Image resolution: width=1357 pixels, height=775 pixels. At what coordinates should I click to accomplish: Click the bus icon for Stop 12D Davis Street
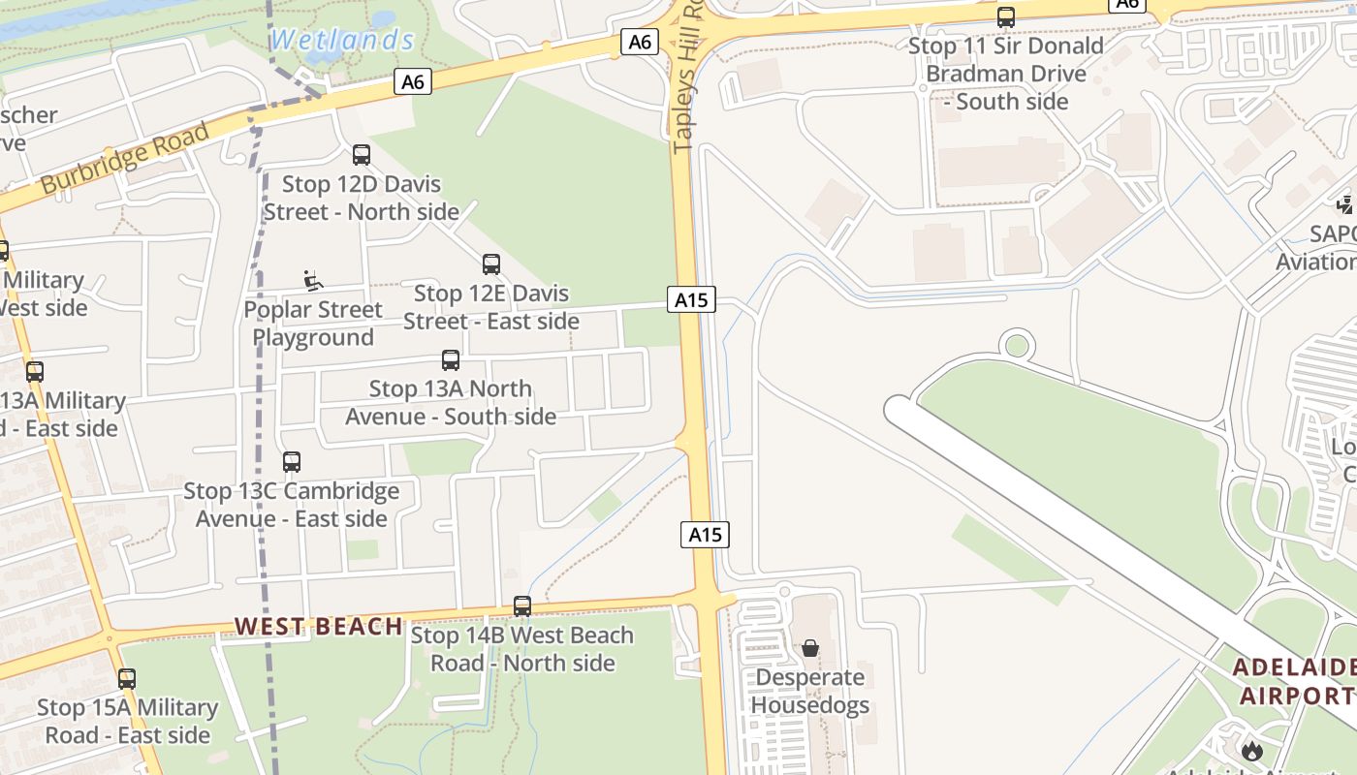(x=362, y=154)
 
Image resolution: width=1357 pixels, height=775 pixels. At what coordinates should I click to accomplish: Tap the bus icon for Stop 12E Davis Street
(x=491, y=263)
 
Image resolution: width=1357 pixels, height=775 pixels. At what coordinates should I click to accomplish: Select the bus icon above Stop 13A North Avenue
(x=451, y=360)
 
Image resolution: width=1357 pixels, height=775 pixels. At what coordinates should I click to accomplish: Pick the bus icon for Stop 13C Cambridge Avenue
(x=292, y=462)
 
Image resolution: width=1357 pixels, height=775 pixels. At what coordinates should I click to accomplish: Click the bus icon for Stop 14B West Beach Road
(x=522, y=606)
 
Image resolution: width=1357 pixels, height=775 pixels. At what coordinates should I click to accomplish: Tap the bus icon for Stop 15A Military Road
(x=127, y=679)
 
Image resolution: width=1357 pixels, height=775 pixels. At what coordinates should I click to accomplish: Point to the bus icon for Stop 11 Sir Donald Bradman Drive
(x=1006, y=17)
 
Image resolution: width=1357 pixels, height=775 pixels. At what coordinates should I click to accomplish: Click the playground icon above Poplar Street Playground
(x=313, y=281)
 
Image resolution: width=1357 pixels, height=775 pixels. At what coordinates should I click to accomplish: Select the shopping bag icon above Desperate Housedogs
(x=810, y=648)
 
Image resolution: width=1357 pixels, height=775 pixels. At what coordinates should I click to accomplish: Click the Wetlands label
(x=342, y=40)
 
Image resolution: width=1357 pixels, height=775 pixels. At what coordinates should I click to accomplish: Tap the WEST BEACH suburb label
(x=318, y=627)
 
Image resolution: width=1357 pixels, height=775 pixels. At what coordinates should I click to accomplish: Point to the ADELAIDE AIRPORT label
(x=1295, y=681)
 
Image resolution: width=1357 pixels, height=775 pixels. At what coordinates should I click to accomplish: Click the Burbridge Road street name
(x=125, y=157)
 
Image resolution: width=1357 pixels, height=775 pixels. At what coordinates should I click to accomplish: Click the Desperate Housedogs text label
(x=810, y=691)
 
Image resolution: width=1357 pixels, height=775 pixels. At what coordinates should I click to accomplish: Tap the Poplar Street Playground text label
(x=313, y=324)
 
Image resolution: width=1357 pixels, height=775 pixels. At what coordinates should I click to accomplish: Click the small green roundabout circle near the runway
(x=1017, y=345)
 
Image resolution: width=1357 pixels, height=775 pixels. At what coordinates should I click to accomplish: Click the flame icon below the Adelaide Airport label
(x=1252, y=750)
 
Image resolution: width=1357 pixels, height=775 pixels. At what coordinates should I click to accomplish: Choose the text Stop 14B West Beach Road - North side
(x=522, y=649)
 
